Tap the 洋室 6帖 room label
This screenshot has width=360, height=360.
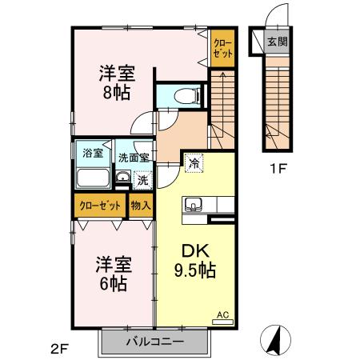[114, 274]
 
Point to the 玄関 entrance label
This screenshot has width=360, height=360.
[276, 42]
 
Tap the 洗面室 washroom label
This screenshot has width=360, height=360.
[132, 158]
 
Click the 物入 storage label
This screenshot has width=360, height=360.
[141, 205]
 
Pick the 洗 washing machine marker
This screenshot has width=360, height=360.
[141, 180]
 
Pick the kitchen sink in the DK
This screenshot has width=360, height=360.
[195, 209]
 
